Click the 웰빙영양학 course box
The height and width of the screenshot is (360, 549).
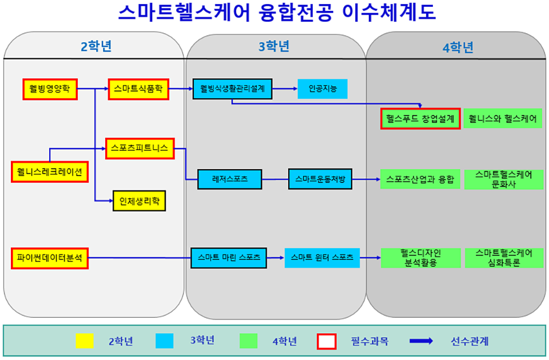(x=50, y=89)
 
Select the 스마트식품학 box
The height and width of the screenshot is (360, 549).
(x=138, y=89)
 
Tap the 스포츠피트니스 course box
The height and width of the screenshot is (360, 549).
(x=140, y=148)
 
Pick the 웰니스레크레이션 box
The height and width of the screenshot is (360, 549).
(x=50, y=171)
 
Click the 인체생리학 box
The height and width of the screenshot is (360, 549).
(x=139, y=201)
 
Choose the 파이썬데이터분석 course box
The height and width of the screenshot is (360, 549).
(x=50, y=257)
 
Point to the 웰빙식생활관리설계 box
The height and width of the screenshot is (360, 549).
(x=232, y=89)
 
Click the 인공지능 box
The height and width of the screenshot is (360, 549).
(x=323, y=89)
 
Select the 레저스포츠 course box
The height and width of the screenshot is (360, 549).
(x=230, y=179)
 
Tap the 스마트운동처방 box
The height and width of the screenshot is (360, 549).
(x=320, y=179)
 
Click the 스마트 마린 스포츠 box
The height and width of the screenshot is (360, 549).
(x=229, y=257)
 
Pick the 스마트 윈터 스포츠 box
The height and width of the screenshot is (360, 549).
(x=323, y=257)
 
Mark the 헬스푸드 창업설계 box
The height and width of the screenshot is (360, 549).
(x=420, y=119)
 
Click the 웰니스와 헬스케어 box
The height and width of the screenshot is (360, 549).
(x=502, y=119)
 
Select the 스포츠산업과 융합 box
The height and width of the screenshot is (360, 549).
(x=420, y=179)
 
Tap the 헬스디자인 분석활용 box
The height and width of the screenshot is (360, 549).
(x=420, y=257)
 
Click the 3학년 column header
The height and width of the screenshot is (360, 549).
(x=274, y=46)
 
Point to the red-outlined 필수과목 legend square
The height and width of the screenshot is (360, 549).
(x=326, y=341)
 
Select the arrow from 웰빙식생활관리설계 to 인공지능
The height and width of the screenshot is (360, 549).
(x=285, y=89)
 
